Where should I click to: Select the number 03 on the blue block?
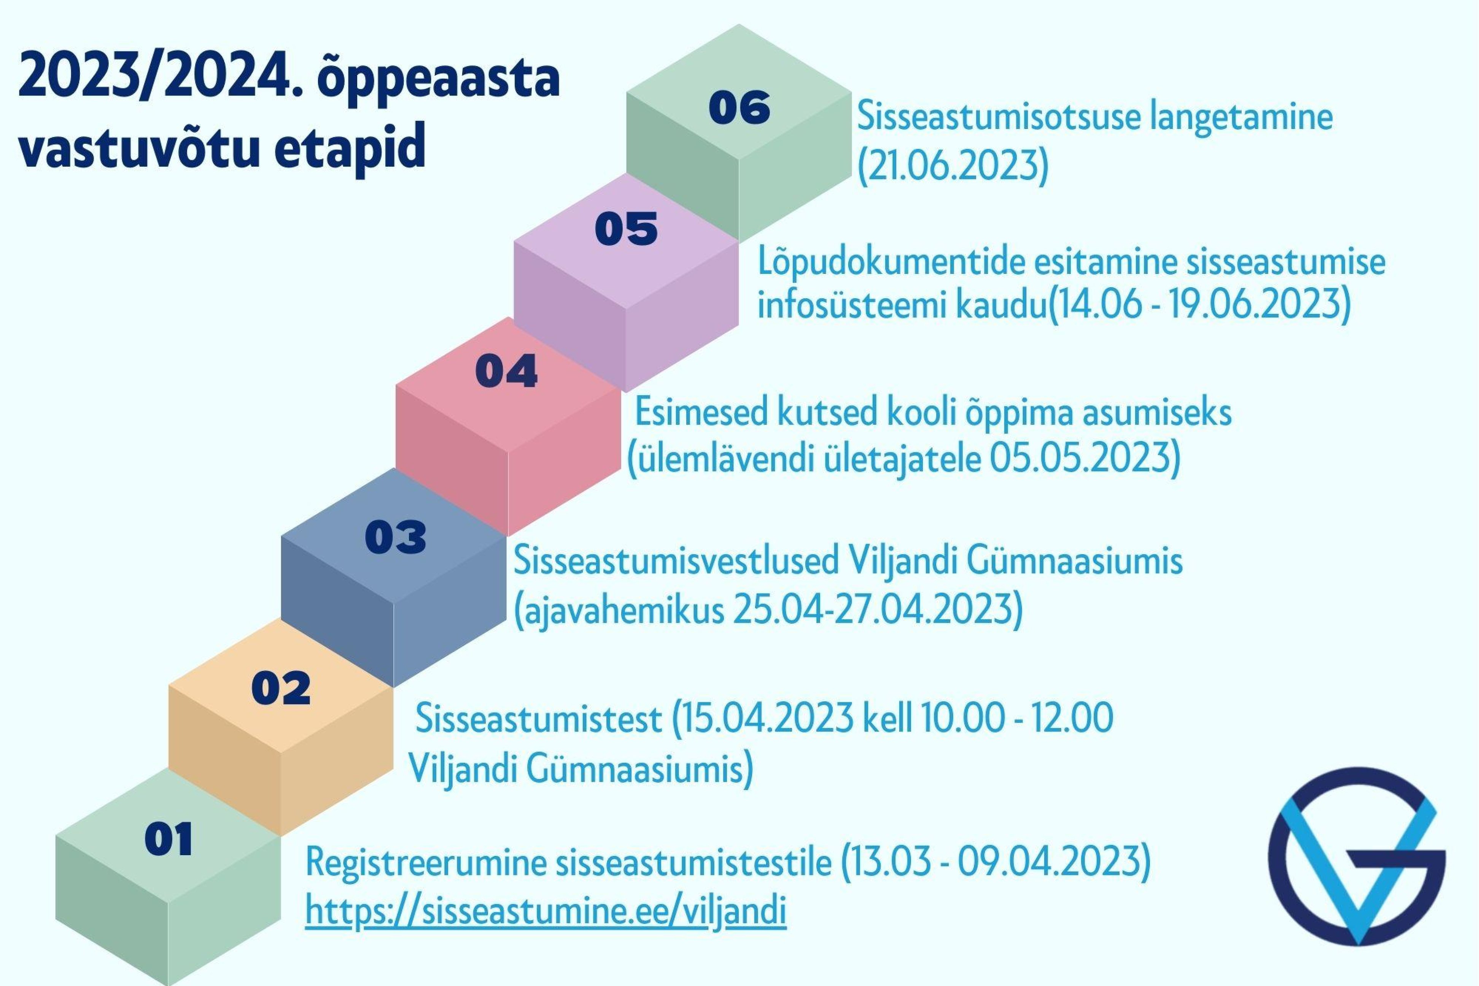396,537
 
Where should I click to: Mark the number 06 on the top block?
739,107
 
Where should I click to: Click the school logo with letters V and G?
1357,856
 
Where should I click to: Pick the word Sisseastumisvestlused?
677,560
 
